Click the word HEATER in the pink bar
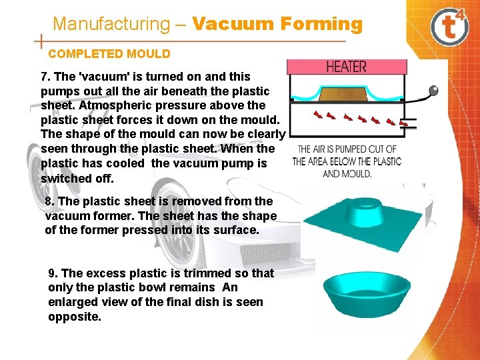[346, 67]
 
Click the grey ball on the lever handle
[433, 89]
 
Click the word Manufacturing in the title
[111, 24]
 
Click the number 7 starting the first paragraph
[44, 77]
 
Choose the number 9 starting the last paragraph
[52, 273]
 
